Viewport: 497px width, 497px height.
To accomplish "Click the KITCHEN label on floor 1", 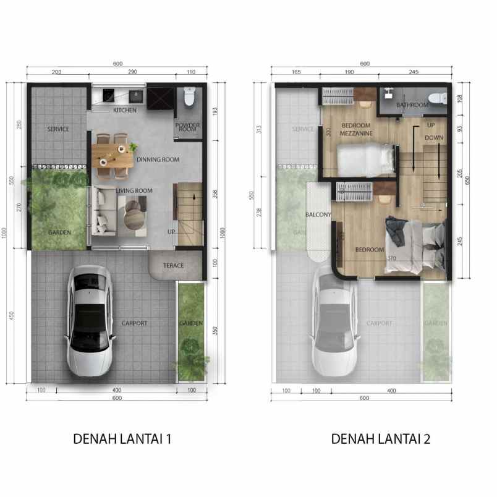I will [x=125, y=111].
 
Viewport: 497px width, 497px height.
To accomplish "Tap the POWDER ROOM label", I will [x=187, y=127].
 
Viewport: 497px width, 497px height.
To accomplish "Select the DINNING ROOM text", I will [x=158, y=159].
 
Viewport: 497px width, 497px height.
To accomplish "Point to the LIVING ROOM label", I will [x=132, y=190].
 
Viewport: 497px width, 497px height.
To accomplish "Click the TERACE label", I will [x=174, y=266].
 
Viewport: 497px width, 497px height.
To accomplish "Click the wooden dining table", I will [x=113, y=153].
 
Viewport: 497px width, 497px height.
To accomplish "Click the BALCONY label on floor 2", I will [x=319, y=215].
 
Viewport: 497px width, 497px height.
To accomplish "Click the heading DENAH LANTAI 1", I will [x=122, y=439].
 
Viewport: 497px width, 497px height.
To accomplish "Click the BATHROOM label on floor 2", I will [x=412, y=105].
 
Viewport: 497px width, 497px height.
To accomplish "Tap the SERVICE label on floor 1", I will [x=58, y=129].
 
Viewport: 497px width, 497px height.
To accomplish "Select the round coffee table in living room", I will [x=134, y=216].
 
